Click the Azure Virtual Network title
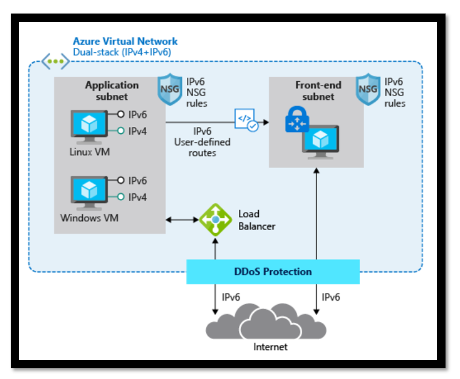pos(125,41)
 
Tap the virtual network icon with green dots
pos(55,61)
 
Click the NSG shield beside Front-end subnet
pos(368,89)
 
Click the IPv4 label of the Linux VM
pos(138,131)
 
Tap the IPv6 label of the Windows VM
pos(138,180)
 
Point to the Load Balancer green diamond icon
pos(216,220)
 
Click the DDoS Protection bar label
pos(273,272)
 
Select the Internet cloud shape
pos(266,320)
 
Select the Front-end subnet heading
pos(318,91)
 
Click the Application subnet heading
pos(112,91)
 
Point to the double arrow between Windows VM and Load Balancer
pos(182,219)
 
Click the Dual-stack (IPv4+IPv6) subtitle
pos(122,52)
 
